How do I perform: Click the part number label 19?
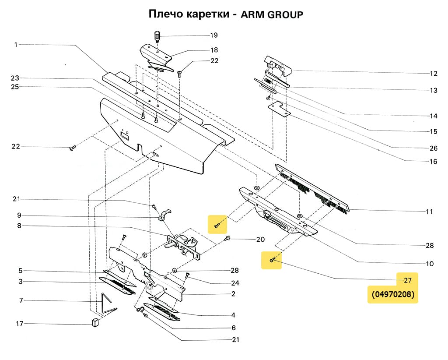(213, 35)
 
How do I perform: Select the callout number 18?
(214, 50)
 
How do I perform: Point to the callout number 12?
(433, 73)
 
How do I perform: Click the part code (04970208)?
(393, 294)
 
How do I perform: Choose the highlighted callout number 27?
(407, 280)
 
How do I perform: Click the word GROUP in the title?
(285, 14)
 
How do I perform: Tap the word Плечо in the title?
(165, 14)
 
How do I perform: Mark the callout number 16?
(433, 161)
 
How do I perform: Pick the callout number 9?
(19, 215)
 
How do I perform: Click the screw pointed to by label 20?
(228, 238)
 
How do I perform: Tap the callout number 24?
(235, 282)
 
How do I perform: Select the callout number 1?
(16, 44)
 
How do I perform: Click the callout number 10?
(429, 264)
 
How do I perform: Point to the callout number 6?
(234, 328)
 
